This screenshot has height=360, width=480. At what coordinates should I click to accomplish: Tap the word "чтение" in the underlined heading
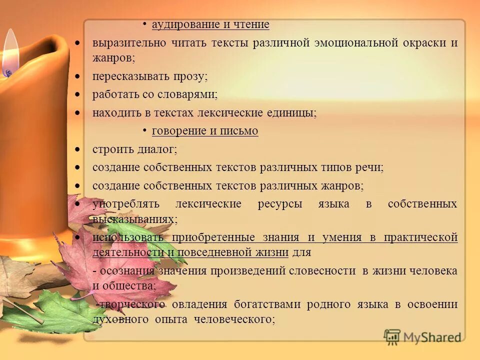coord(250,24)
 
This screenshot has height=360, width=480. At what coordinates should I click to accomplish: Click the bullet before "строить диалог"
coord(77,149)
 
